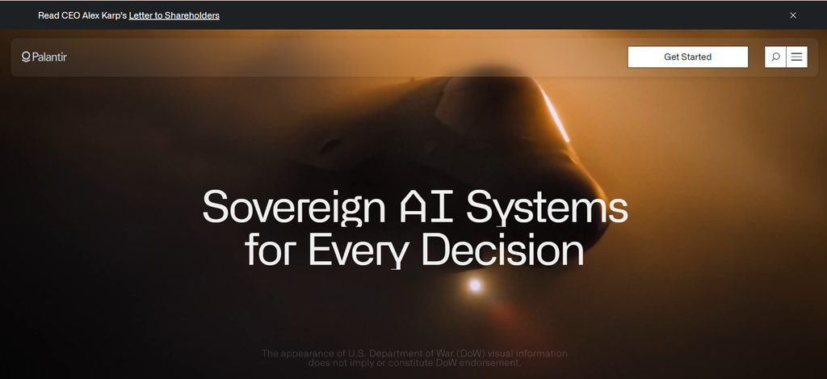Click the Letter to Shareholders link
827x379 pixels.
pyautogui.click(x=174, y=15)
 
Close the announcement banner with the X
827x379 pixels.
pyautogui.click(x=793, y=15)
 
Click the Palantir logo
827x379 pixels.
pyautogui.click(x=44, y=57)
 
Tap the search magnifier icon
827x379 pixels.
pyautogui.click(x=775, y=57)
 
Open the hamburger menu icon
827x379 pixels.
pyautogui.click(x=796, y=57)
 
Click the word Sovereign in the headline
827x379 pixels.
pyautogui.click(x=294, y=208)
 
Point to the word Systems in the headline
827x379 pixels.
pyautogui.click(x=547, y=208)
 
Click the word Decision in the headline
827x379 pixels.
pyautogui.click(x=502, y=249)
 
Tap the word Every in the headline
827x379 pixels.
pyautogui.click(x=358, y=251)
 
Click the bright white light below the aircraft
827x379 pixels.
pyautogui.click(x=475, y=285)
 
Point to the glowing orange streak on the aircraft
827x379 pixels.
pyautogui.click(x=556, y=114)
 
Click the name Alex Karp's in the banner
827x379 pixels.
pyautogui.click(x=104, y=15)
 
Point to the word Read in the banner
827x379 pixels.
pyautogui.click(x=48, y=15)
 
